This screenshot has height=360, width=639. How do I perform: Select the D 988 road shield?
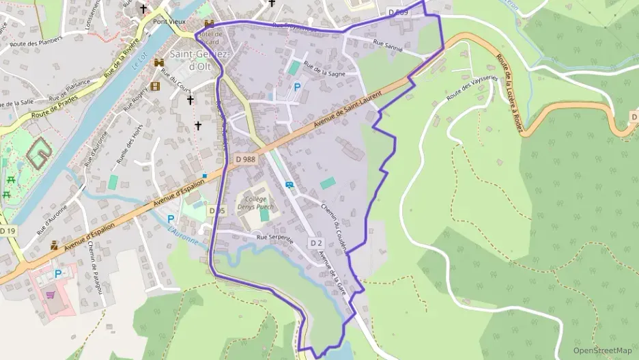coord(245,159)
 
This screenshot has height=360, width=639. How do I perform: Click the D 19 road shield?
coord(8,232)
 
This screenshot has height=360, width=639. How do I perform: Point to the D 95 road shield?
coord(216,210)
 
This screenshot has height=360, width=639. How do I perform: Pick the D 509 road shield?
coord(399,12)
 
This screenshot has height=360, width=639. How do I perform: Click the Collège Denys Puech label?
coord(256,202)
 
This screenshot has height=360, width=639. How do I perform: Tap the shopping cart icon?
coord(50,295)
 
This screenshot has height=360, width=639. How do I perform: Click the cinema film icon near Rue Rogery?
coord(156,86)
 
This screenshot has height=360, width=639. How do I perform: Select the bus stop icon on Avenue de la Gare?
coord(289,184)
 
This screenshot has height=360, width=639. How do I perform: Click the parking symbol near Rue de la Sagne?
coord(297,87)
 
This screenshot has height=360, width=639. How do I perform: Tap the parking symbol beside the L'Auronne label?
coord(170,219)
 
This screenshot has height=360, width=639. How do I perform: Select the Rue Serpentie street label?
coord(274,238)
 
